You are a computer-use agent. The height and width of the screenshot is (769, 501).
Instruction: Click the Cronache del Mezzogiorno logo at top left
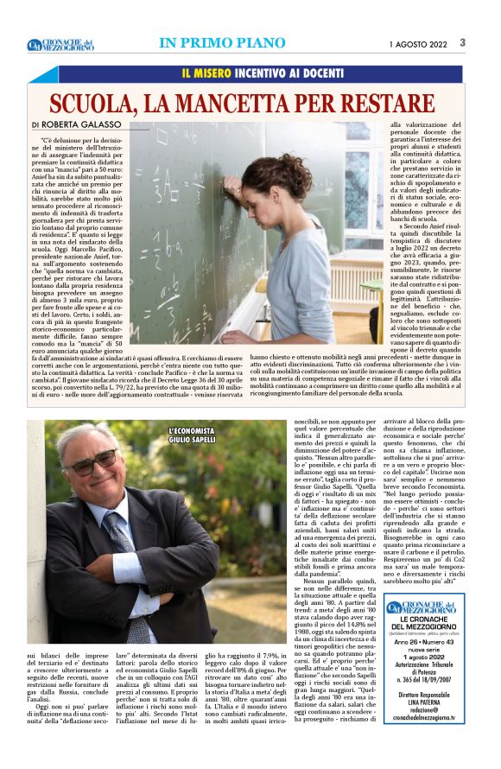click(60, 44)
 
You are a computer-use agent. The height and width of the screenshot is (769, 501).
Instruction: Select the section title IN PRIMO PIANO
click(222, 43)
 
